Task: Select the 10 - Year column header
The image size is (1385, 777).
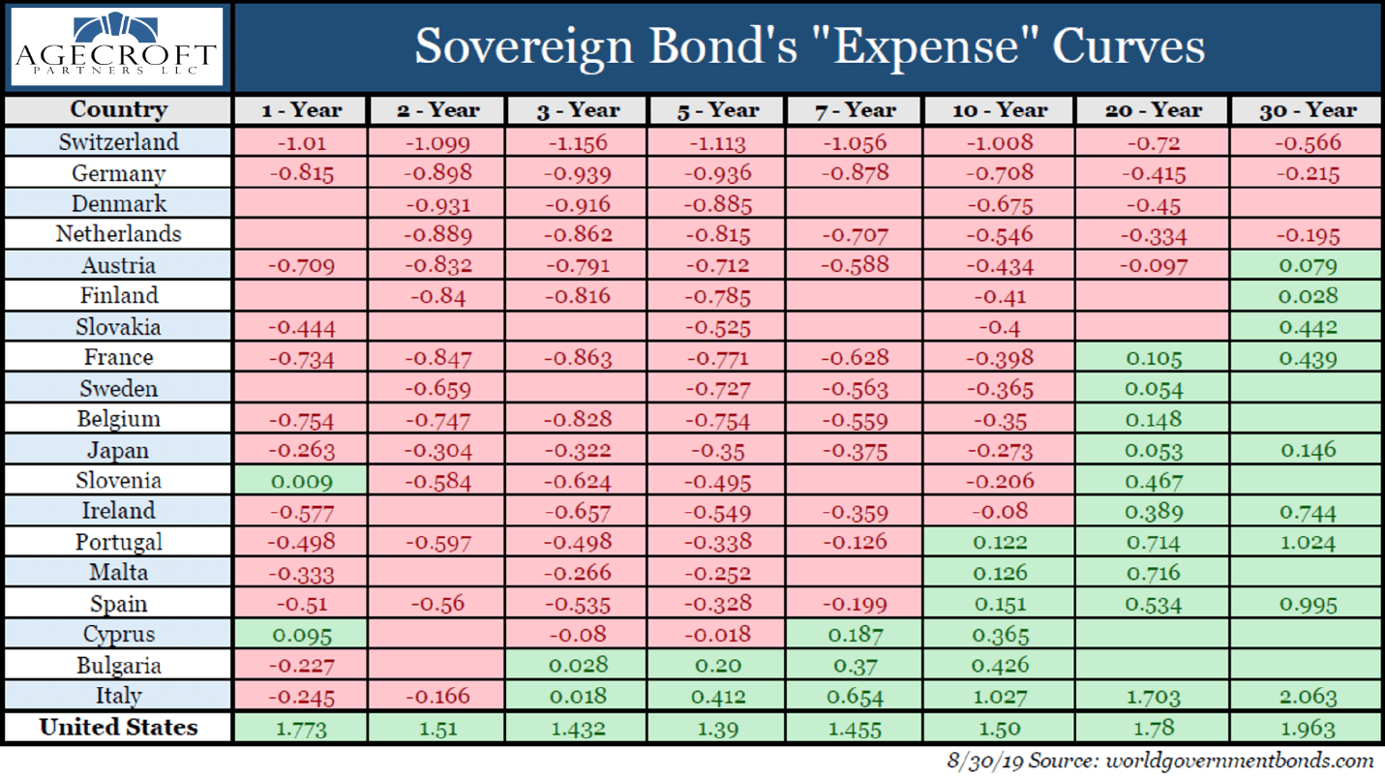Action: (1000, 110)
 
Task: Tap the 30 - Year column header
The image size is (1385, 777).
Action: (1309, 110)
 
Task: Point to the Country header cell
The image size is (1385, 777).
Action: (118, 110)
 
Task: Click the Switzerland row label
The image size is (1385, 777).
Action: (118, 142)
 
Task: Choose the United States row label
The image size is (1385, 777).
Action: (118, 728)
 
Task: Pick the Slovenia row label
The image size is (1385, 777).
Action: (118, 481)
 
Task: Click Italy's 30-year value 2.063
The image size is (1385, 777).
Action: (1309, 697)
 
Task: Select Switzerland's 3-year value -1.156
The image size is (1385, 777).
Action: (577, 143)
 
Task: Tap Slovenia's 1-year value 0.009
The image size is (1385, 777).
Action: (302, 482)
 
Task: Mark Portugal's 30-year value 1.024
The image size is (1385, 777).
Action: (1309, 543)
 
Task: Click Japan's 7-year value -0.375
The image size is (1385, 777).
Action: (855, 451)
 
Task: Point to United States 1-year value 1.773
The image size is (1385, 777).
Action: (302, 729)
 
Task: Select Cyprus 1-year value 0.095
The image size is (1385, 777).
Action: (302, 636)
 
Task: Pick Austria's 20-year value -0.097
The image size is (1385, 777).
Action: (1154, 266)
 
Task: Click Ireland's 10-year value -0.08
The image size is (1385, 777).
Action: (1000, 512)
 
